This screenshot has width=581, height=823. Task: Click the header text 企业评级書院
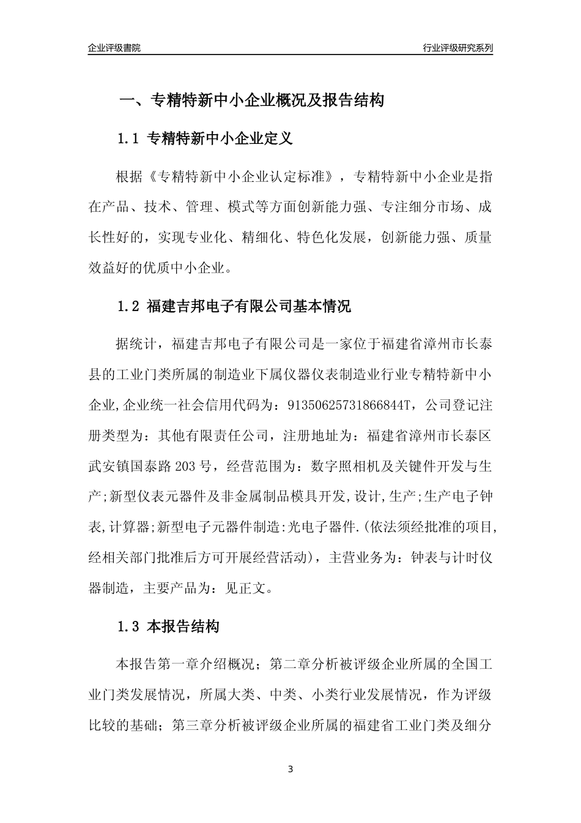pyautogui.click(x=114, y=48)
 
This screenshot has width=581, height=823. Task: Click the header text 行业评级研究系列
pyautogui.click(x=457, y=48)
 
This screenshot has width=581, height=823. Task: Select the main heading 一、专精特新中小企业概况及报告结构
pyautogui.click(x=251, y=100)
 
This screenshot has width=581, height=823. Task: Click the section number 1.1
pyautogui.click(x=129, y=139)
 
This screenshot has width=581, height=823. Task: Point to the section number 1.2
pyautogui.click(x=129, y=307)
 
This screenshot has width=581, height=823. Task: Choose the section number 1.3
pyautogui.click(x=129, y=627)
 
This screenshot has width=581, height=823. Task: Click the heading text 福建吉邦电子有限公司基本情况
pyautogui.click(x=250, y=307)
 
